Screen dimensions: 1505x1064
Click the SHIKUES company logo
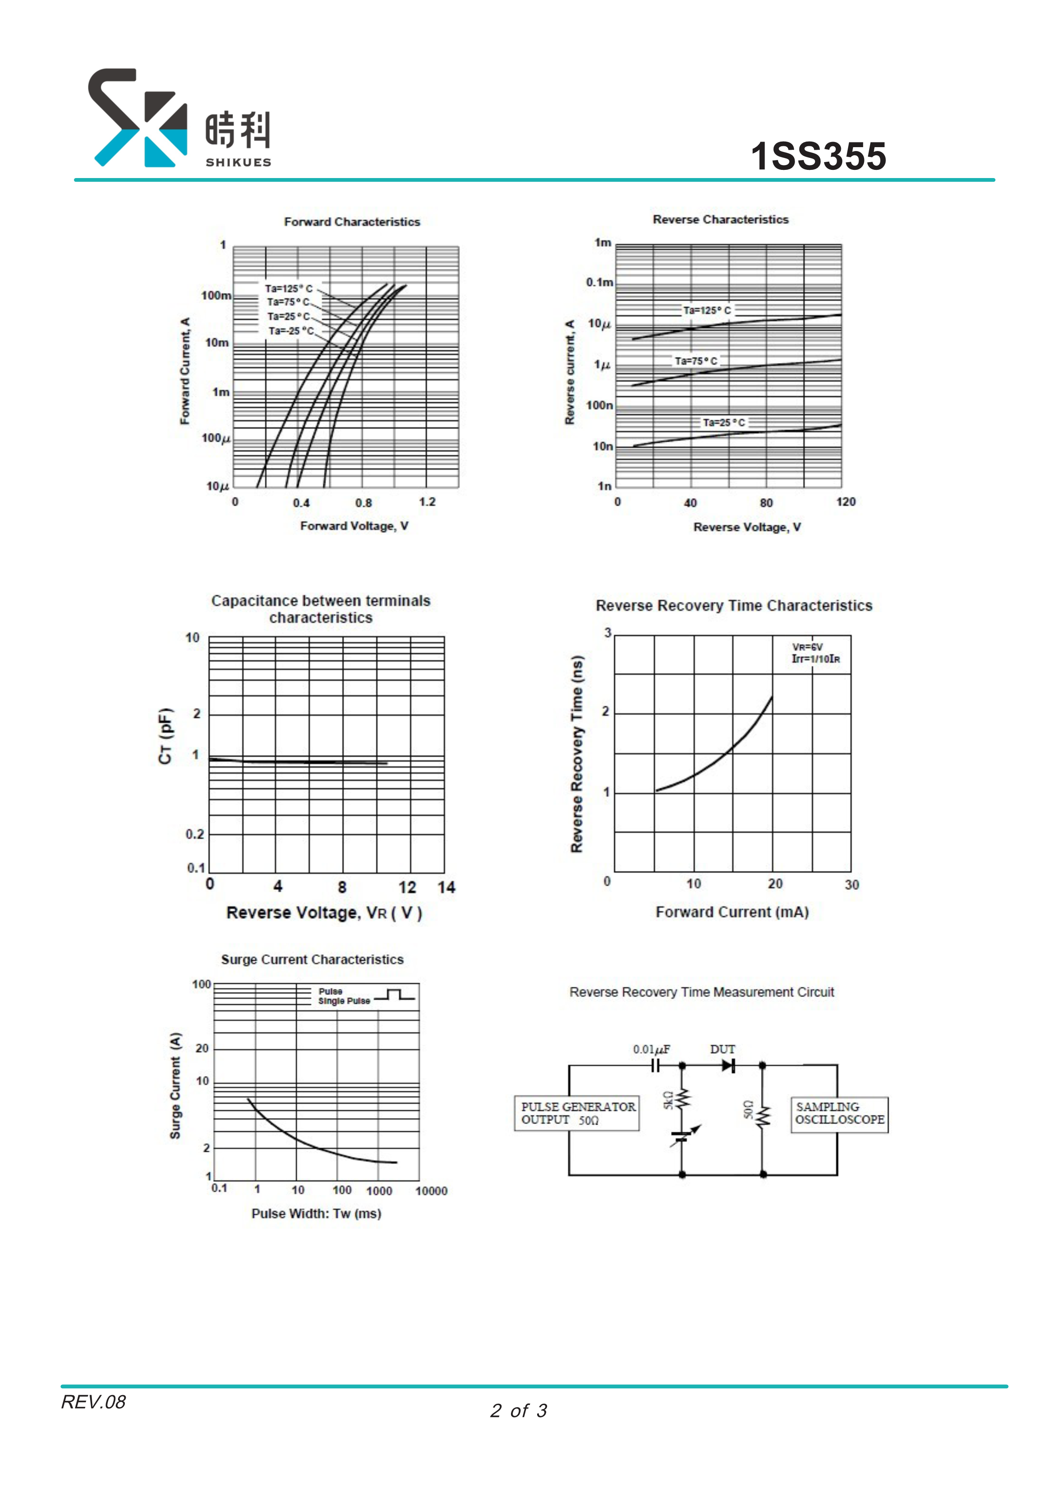point(178,119)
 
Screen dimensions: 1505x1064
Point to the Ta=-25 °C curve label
point(290,331)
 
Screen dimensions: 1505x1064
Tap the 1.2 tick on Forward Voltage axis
point(427,502)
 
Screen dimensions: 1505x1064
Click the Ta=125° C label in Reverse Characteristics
point(707,310)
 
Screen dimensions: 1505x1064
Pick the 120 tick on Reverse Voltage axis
point(846,502)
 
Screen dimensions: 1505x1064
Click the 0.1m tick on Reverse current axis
point(599,283)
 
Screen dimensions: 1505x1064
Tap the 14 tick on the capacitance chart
point(447,888)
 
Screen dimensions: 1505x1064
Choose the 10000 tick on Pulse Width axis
point(431,1191)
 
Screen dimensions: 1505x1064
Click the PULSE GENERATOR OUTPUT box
point(577,1113)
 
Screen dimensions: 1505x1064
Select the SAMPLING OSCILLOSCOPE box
point(839,1113)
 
